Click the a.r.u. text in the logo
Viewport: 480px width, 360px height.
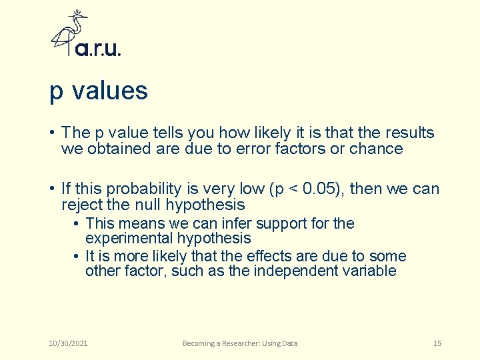tap(98, 49)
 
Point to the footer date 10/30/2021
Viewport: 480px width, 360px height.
tap(69, 343)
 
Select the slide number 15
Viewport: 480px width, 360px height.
tap(437, 343)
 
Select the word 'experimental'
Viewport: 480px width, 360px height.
tap(125, 238)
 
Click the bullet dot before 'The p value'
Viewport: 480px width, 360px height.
tap(53, 133)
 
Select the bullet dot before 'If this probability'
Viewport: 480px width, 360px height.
tap(53, 189)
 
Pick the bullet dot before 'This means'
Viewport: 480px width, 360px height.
tap(78, 223)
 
